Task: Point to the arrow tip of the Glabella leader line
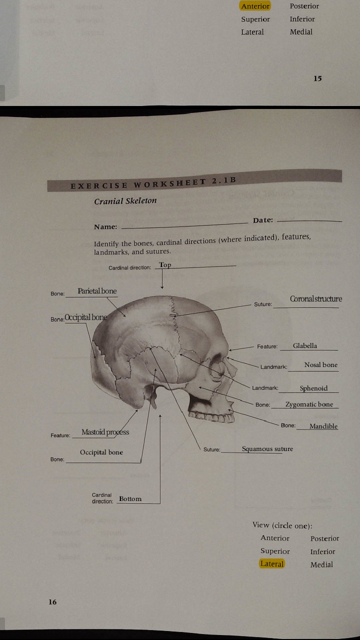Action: [x=229, y=350]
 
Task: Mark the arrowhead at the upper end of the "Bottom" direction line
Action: [x=160, y=415]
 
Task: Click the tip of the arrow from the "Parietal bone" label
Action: [x=125, y=316]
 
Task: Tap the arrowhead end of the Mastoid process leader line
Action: [x=137, y=410]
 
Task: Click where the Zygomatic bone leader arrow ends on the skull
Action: [x=199, y=387]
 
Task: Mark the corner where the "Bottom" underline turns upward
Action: [x=160, y=503]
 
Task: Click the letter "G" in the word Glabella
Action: [x=295, y=346]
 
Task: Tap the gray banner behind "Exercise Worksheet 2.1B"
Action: [x=194, y=180]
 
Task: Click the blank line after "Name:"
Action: [x=184, y=225]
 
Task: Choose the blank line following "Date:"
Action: [x=309, y=221]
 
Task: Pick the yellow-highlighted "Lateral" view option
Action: [x=272, y=563]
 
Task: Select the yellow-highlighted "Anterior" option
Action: [x=255, y=6]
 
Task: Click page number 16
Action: [x=52, y=602]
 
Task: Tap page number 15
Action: [x=317, y=78]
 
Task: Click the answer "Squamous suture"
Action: [x=267, y=449]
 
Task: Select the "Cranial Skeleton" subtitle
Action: [x=125, y=201]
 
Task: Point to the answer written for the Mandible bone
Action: [x=323, y=426]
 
